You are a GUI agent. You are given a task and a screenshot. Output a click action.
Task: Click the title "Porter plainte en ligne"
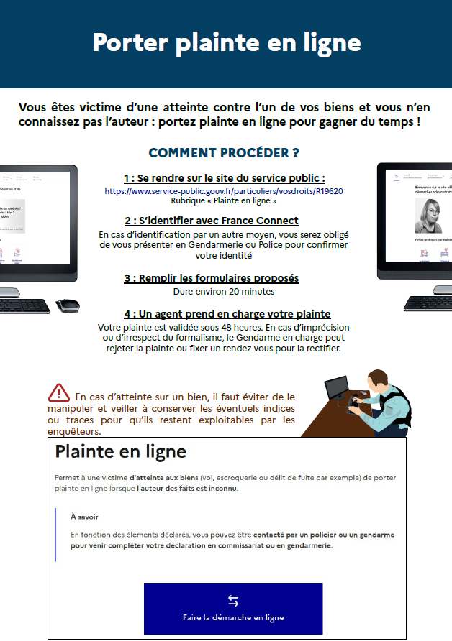click(226, 42)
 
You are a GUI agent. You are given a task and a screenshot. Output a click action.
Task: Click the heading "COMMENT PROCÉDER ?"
click(224, 153)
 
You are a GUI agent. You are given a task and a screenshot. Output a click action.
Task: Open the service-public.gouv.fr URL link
click(224, 191)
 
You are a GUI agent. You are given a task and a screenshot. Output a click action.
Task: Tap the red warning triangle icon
click(59, 393)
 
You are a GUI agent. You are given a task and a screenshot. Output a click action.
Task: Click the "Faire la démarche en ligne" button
click(233, 608)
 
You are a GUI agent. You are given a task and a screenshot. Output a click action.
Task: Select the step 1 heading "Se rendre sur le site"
click(224, 178)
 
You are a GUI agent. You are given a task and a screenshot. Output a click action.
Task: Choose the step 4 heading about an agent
click(227, 314)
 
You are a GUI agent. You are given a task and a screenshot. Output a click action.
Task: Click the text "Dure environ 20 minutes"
click(224, 292)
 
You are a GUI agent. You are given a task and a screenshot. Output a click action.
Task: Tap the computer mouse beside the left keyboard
click(68, 305)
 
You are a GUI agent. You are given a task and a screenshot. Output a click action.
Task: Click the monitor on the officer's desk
click(336, 389)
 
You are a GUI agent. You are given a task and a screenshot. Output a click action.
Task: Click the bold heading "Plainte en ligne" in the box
click(121, 452)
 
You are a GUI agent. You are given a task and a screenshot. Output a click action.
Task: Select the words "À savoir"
click(84, 517)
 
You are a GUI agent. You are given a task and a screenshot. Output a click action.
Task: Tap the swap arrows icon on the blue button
click(233, 601)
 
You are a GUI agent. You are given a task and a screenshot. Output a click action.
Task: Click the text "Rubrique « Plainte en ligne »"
click(223, 201)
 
